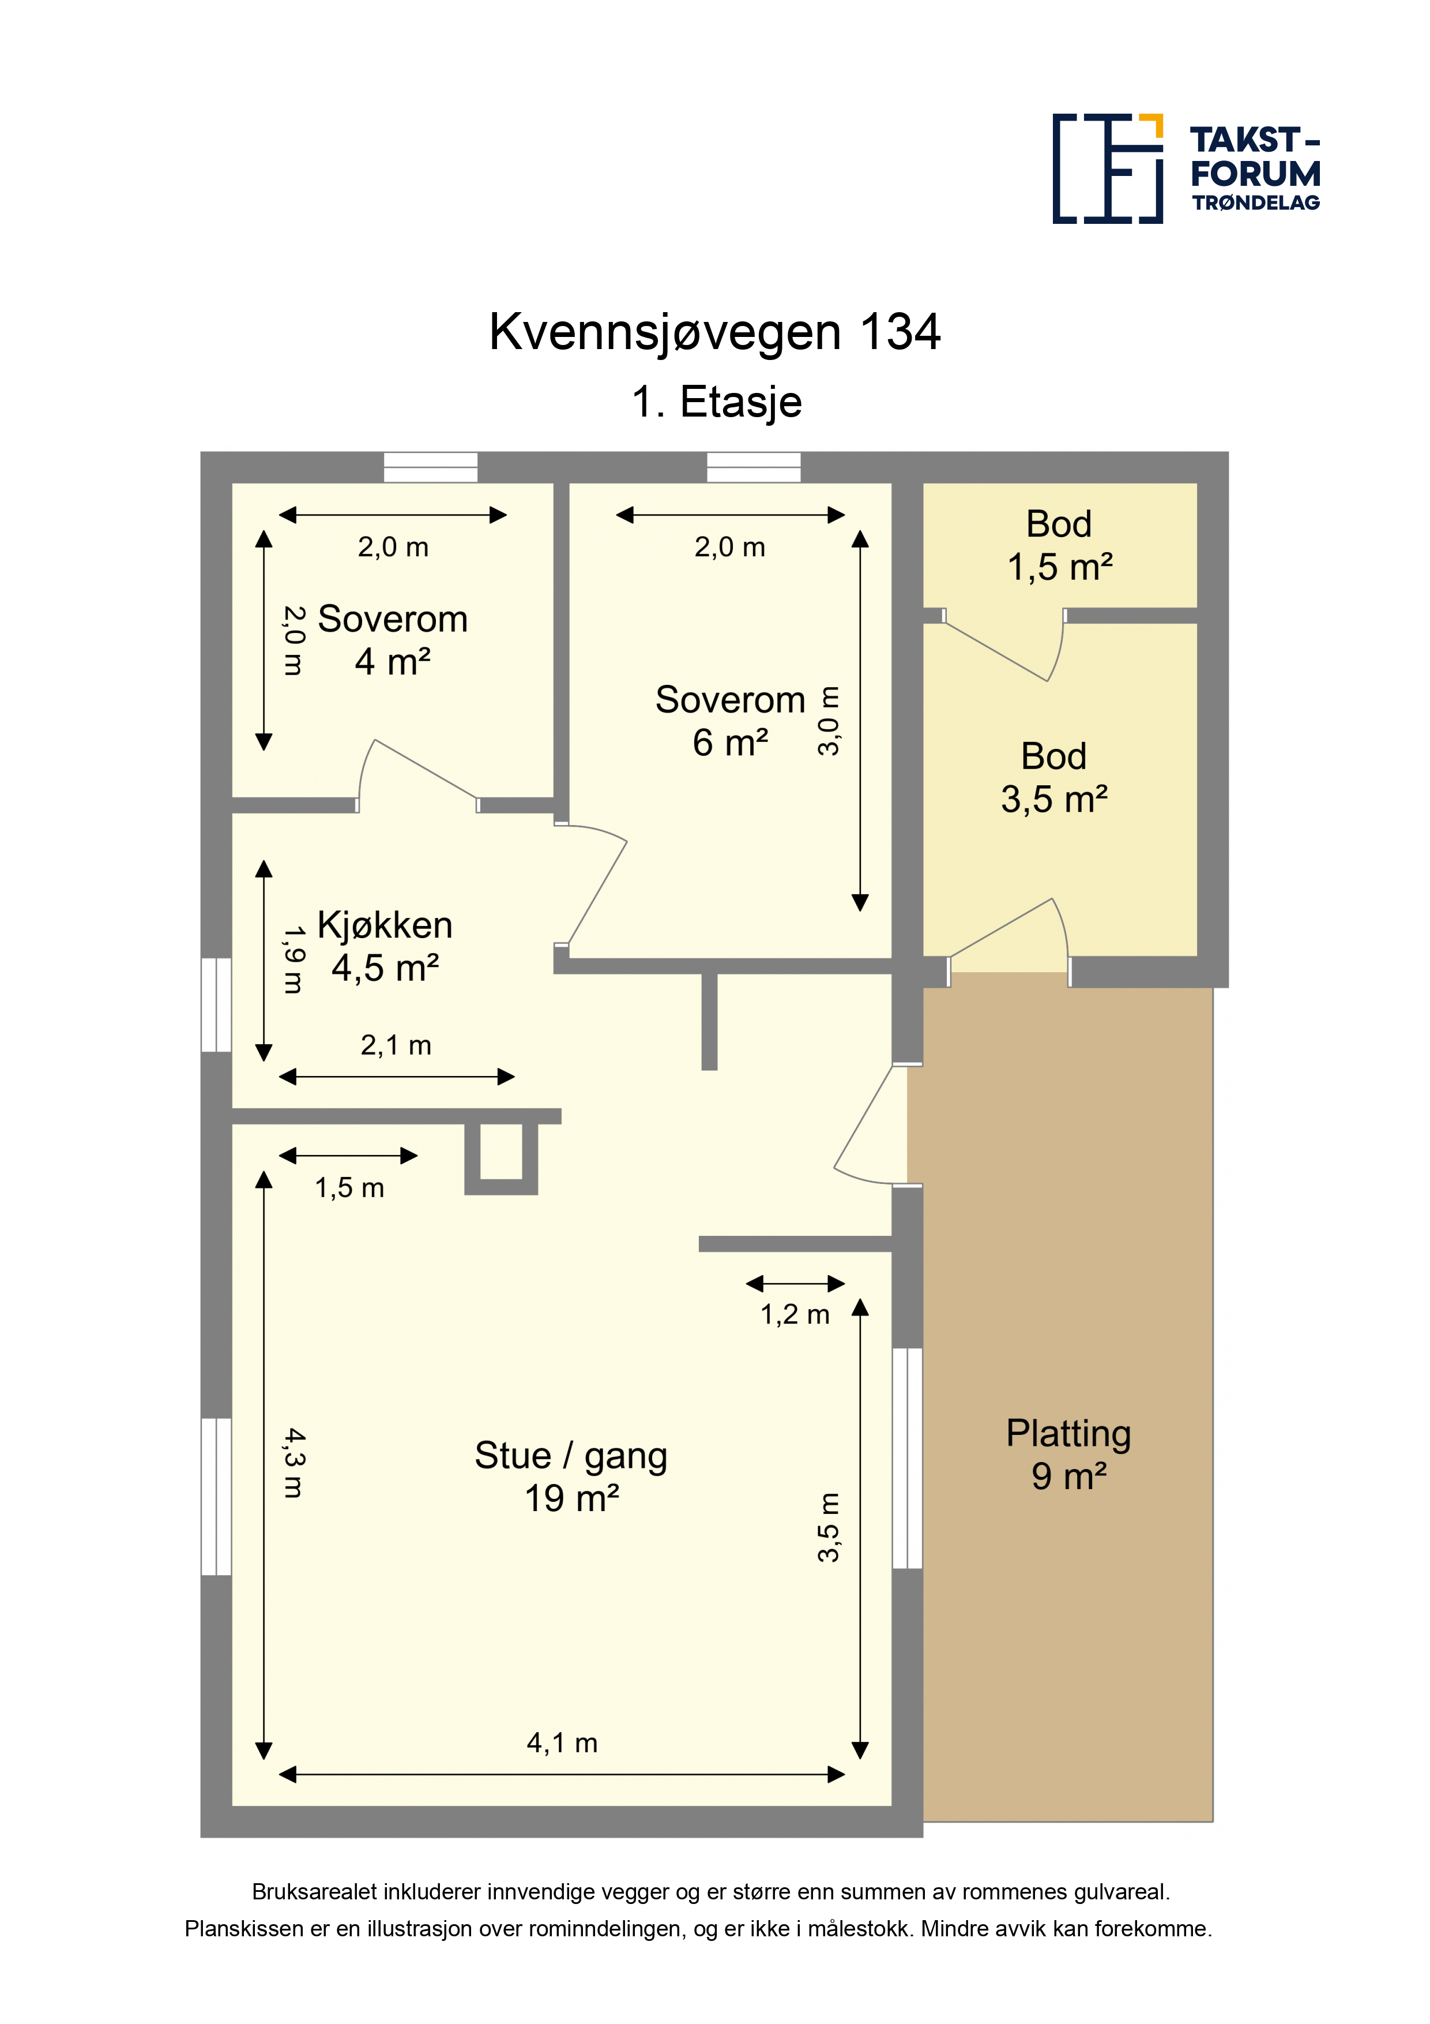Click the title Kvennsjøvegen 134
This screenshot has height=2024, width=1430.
(714, 332)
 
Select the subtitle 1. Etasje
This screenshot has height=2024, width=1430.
(716, 402)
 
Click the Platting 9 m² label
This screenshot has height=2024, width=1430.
(1069, 1455)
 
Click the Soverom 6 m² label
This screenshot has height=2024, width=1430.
(731, 721)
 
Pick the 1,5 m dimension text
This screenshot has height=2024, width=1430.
(350, 1187)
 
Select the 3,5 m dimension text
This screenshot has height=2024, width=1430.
(828, 1528)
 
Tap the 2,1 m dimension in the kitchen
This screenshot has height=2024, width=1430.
(396, 1045)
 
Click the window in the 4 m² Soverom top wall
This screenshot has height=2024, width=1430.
(431, 467)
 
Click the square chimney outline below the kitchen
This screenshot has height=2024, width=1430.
(501, 1159)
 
